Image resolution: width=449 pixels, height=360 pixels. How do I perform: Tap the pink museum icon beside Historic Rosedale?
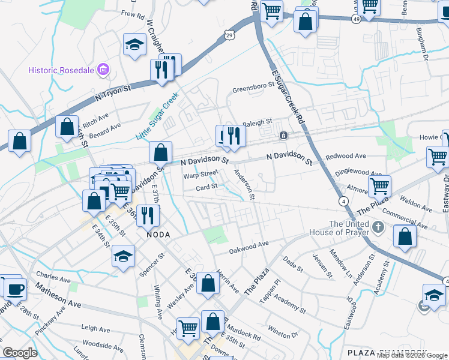(104, 70)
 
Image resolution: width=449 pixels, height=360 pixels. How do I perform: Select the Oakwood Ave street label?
(248, 247)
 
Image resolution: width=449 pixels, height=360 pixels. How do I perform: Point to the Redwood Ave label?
(345, 156)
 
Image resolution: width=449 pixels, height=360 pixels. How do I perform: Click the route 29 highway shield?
(229, 35)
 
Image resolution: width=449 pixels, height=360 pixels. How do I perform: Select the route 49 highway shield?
(357, 20)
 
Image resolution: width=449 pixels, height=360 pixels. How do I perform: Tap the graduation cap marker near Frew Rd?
(134, 44)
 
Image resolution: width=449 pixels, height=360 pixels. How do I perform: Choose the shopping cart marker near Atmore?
(379, 186)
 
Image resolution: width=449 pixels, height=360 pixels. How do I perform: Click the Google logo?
(20, 353)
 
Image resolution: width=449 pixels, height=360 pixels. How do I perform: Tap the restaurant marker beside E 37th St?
(148, 215)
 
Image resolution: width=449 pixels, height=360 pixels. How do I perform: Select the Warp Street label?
(200, 175)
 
